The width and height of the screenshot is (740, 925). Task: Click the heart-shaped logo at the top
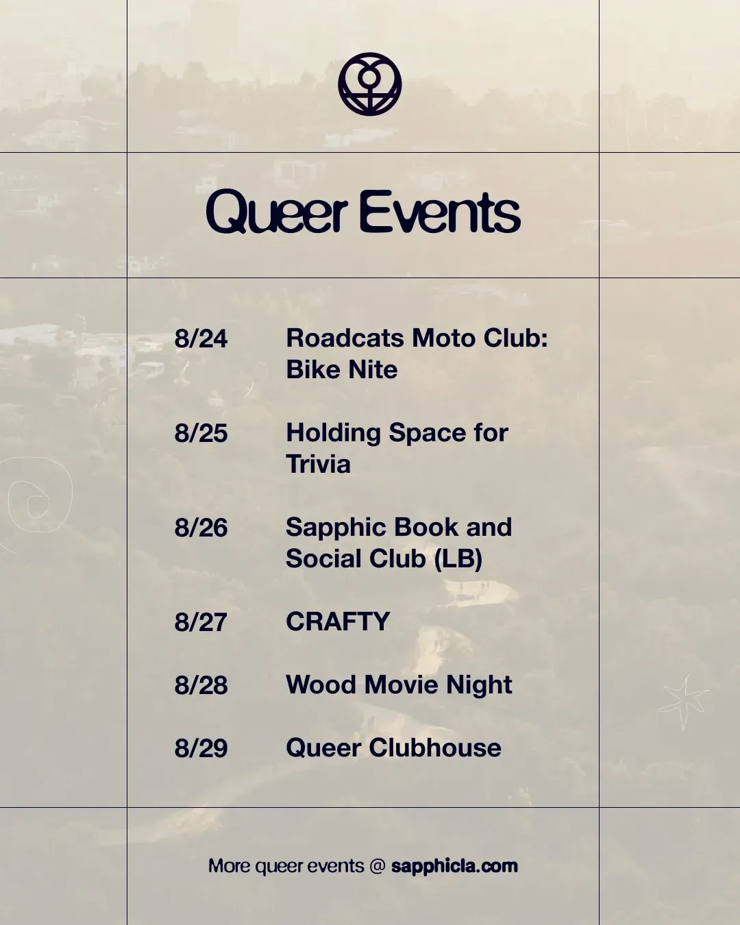coord(369,84)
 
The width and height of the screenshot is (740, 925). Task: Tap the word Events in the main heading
coord(441,212)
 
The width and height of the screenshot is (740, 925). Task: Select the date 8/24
coord(201,338)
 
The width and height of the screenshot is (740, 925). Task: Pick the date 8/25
coord(201,433)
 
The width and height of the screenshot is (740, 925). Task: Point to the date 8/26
coord(201,528)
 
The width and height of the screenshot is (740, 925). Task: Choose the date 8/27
coord(201,622)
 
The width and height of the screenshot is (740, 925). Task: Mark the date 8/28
coord(201,684)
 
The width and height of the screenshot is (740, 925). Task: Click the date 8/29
coord(201,748)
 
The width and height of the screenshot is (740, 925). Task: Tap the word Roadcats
coord(345,338)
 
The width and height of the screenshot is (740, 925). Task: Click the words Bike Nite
coord(342,369)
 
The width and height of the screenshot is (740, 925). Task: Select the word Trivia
coord(318,464)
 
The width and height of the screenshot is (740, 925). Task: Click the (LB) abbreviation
coord(458,559)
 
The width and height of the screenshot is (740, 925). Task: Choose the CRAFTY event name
coord(338,621)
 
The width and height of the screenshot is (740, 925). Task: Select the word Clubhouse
coord(434,748)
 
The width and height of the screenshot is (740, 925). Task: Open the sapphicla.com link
coord(454,865)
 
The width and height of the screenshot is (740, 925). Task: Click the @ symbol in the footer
coord(378,866)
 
